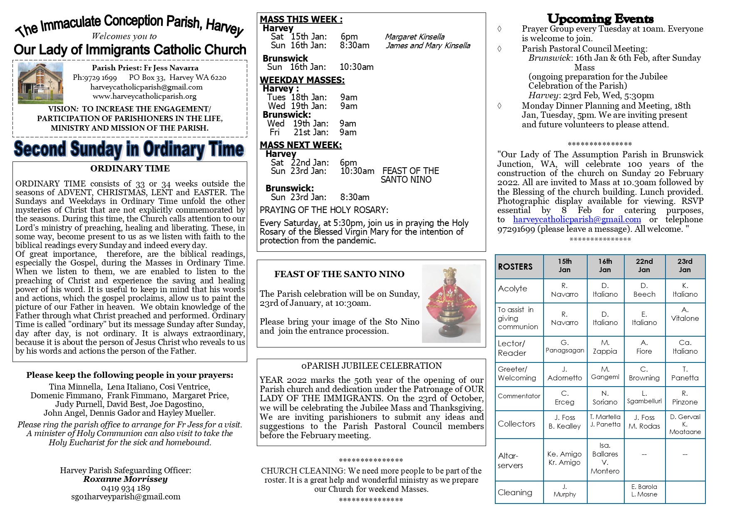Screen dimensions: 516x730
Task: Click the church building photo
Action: tap(40, 83)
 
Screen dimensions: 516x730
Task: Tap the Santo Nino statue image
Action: tap(451, 303)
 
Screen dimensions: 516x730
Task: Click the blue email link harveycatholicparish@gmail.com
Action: tap(577, 219)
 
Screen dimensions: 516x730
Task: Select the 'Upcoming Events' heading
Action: tap(600, 19)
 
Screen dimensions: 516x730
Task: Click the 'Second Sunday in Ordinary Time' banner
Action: tap(129, 149)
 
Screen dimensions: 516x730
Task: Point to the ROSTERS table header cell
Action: tap(519, 267)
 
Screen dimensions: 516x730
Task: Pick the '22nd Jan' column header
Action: tap(644, 265)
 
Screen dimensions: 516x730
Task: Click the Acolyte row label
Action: tap(519, 289)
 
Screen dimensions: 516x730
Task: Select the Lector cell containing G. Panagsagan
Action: tap(565, 347)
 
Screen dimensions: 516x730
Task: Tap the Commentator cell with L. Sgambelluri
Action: tap(644, 397)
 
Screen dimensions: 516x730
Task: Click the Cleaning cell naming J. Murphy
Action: tap(565, 491)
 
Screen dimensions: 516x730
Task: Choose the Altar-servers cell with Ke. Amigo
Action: tap(565, 458)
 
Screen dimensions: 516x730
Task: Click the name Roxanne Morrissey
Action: tap(125, 479)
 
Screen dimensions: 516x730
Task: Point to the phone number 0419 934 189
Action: tap(125, 488)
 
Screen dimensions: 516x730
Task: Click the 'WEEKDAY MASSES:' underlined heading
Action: tap(302, 80)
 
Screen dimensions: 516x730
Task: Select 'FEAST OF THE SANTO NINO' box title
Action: tap(339, 274)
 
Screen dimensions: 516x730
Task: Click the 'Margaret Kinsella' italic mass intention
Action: tap(415, 37)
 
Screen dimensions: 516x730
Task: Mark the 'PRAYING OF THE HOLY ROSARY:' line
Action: tap(324, 210)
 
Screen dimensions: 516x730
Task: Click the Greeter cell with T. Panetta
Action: tap(685, 373)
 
